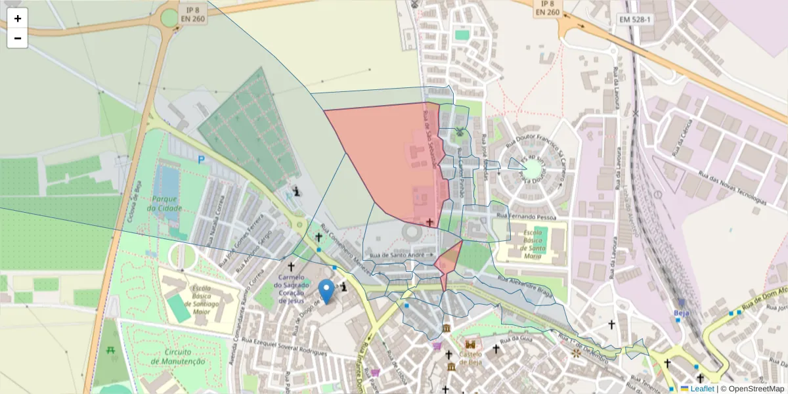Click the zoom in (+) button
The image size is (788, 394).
[17, 18]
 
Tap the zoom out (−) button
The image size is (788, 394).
[17, 38]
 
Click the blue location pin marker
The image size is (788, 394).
[326, 290]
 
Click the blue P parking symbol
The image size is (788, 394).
[201, 159]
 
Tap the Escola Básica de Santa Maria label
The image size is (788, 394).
[530, 240]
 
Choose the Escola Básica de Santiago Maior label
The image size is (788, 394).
[200, 295]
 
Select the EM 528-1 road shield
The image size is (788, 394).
[634, 20]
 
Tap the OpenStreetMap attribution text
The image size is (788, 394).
[752, 389]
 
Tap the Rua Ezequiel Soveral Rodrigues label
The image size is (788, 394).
[284, 346]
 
